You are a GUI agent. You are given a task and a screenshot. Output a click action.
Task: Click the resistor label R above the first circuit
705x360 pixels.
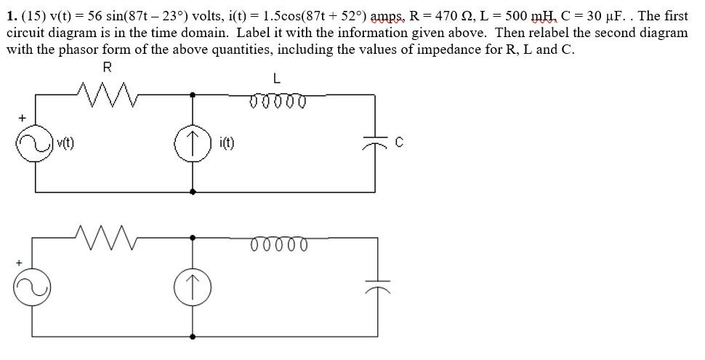108,68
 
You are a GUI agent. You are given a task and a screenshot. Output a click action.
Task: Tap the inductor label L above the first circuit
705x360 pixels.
277,78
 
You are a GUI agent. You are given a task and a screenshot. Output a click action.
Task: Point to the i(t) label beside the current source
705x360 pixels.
225,143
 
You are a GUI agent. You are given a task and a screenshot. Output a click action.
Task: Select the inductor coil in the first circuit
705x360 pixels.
276,100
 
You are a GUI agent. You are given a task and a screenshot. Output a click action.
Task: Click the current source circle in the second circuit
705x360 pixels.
193,288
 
